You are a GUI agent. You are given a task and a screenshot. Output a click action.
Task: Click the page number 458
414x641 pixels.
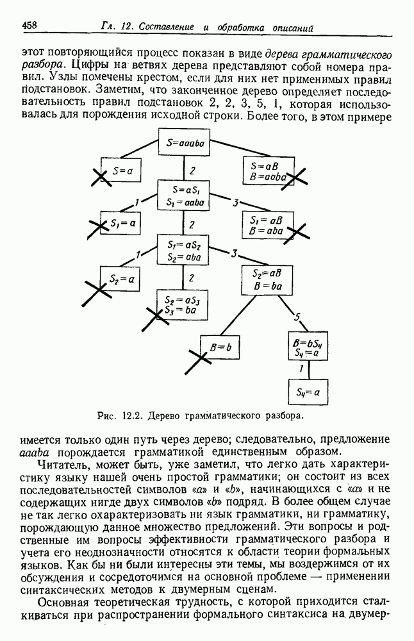click(x=28, y=25)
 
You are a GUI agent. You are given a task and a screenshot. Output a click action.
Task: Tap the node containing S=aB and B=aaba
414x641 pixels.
click(x=267, y=171)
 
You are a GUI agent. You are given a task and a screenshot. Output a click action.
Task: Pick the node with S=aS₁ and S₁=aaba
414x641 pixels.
click(x=185, y=196)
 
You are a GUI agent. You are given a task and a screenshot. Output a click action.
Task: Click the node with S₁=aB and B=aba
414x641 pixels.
click(x=267, y=224)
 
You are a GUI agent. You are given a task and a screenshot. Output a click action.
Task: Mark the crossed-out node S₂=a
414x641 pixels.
click(x=120, y=279)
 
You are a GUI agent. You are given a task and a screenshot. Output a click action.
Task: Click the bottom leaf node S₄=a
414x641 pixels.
click(x=308, y=390)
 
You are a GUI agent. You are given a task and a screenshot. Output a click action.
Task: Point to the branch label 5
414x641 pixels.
click(x=297, y=316)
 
